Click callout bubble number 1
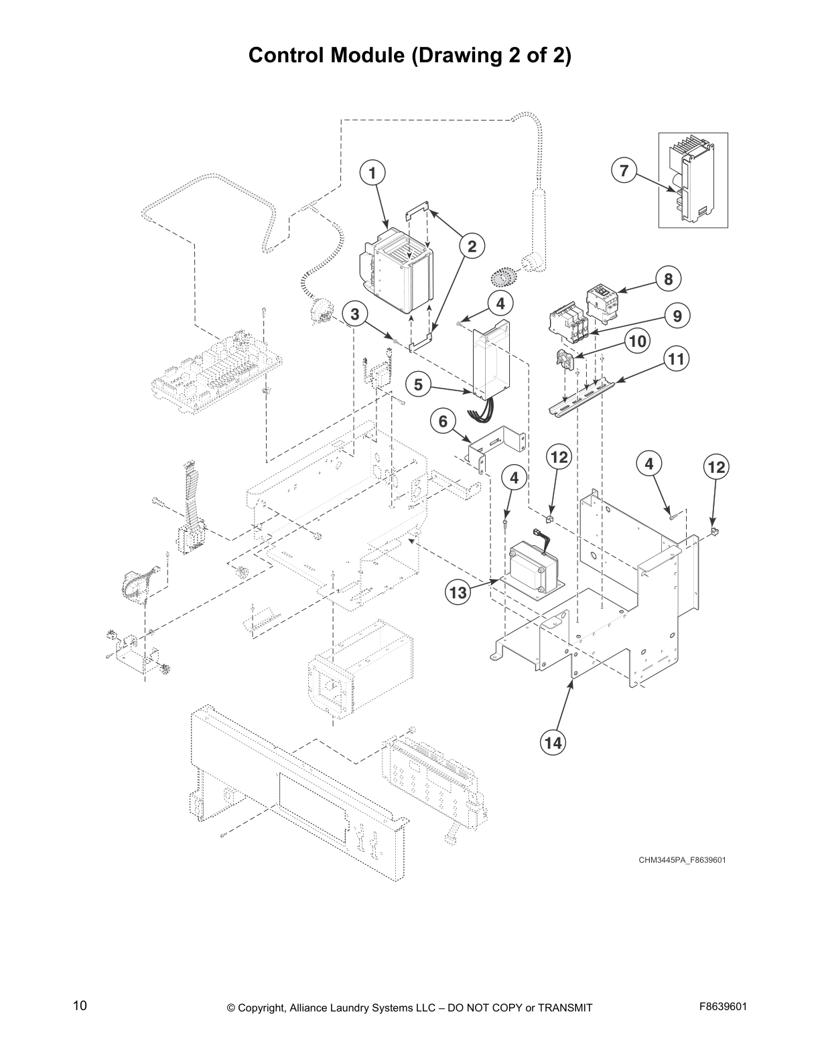[x=372, y=173]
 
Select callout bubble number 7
[x=624, y=171]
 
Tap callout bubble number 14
[x=553, y=742]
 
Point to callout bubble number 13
[x=458, y=592]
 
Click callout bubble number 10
[x=637, y=342]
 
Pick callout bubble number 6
[x=443, y=421]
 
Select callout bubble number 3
[x=354, y=313]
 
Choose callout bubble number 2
[x=472, y=246]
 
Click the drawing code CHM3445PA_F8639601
[x=681, y=859]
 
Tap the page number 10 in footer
[x=80, y=1005]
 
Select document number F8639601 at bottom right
[x=722, y=1007]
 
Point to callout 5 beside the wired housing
[x=418, y=384]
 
